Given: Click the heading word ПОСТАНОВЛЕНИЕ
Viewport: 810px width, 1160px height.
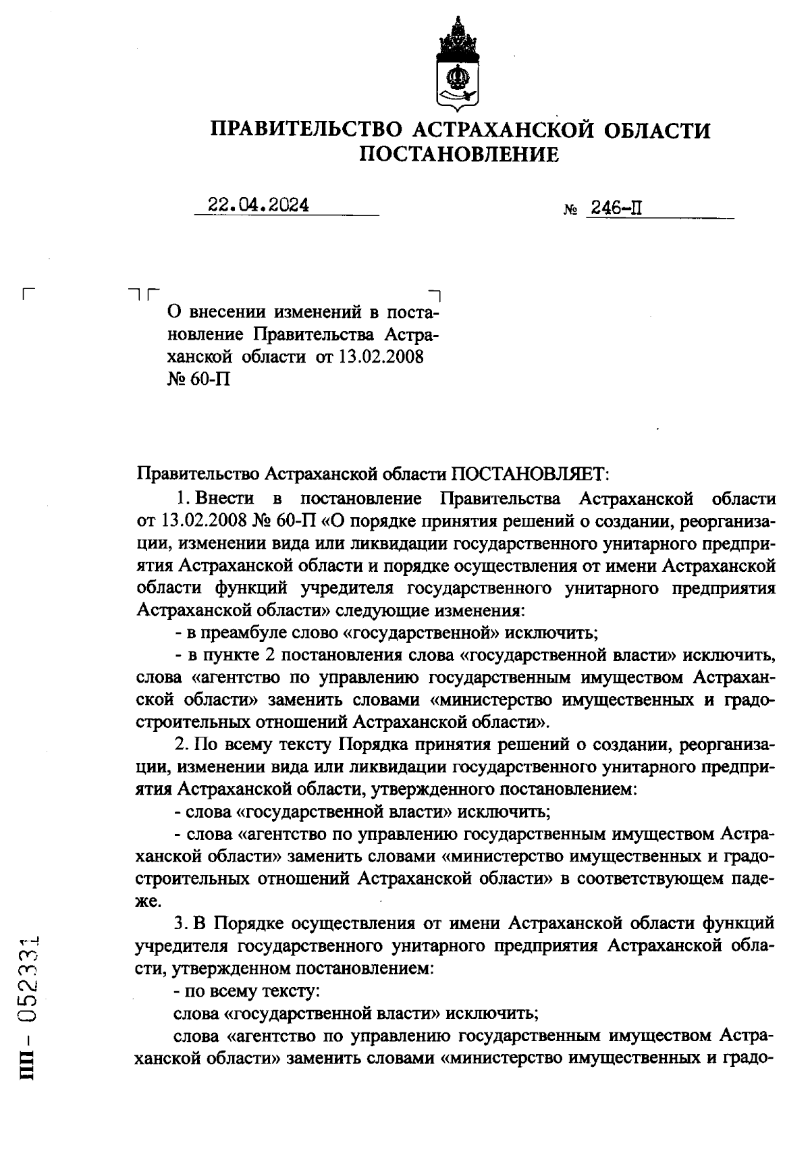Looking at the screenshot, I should pyautogui.click(x=459, y=155).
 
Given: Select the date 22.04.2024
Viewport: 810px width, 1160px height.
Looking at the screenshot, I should pyautogui.click(x=259, y=205).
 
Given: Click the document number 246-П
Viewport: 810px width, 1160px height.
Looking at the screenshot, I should pyautogui.click(x=615, y=208).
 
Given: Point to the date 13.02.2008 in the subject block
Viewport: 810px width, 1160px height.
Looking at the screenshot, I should pyautogui.click(x=381, y=357).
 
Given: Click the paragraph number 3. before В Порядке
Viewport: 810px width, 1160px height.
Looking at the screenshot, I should pyautogui.click(x=181, y=923).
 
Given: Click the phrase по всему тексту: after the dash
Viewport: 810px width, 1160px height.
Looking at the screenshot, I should pyautogui.click(x=252, y=991).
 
